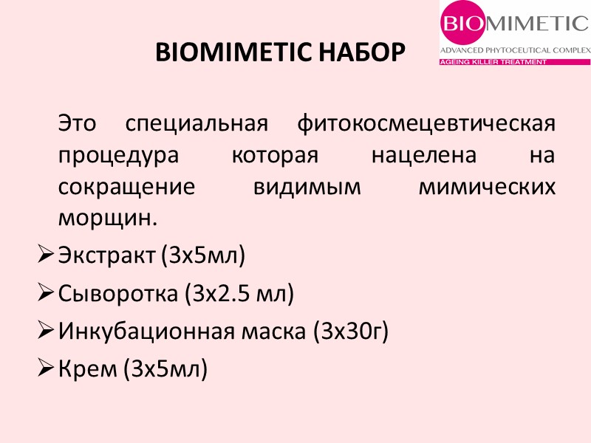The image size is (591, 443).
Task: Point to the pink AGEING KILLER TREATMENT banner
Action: [x=493, y=62]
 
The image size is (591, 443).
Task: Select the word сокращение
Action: [x=126, y=186]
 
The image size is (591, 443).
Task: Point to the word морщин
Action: [x=108, y=219]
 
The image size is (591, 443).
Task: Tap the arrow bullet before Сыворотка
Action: [x=44, y=294]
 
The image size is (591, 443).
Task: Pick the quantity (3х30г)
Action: [x=351, y=332]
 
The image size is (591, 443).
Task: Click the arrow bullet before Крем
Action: [x=44, y=369]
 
